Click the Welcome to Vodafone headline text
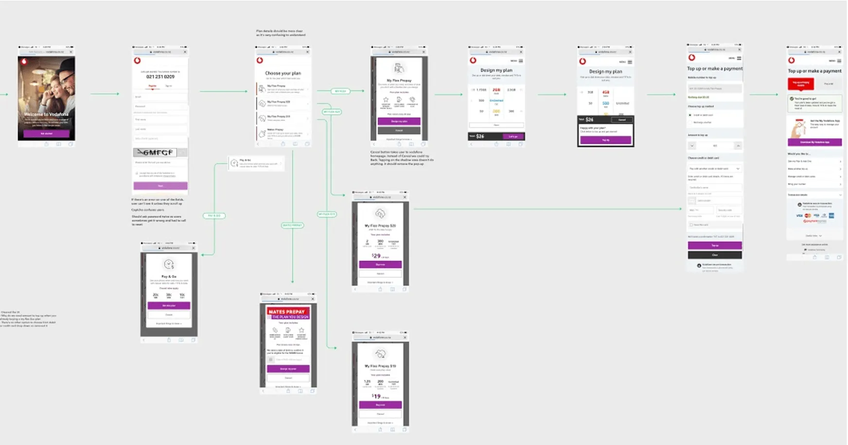[x=46, y=114]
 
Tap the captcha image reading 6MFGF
[x=155, y=152]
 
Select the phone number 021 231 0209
[x=160, y=76]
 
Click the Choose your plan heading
[x=283, y=73]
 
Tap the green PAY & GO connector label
[x=214, y=216]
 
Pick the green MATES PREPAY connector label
[x=292, y=225]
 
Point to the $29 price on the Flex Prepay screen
[x=376, y=256]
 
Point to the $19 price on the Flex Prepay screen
[x=376, y=396]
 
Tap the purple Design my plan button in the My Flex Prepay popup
[x=399, y=121]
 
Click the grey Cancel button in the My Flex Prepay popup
[x=399, y=130]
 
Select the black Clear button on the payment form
[x=715, y=255]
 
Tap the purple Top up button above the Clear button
[x=715, y=245]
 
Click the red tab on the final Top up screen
[x=801, y=83]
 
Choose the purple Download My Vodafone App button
[x=814, y=142]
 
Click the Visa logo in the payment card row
[x=799, y=215]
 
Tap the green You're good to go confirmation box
[x=814, y=103]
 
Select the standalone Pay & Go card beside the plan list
[x=256, y=163]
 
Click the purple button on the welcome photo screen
[x=46, y=133]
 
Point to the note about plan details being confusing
[x=281, y=33]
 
